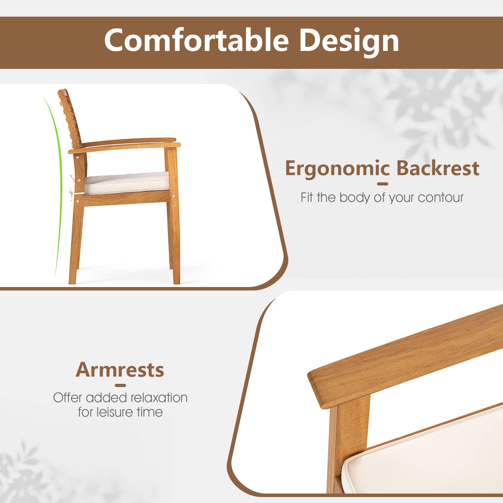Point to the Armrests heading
(x=120, y=370)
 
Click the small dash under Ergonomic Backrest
(x=383, y=184)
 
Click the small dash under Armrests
(x=120, y=385)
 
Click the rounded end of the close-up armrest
(x=318, y=387)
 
